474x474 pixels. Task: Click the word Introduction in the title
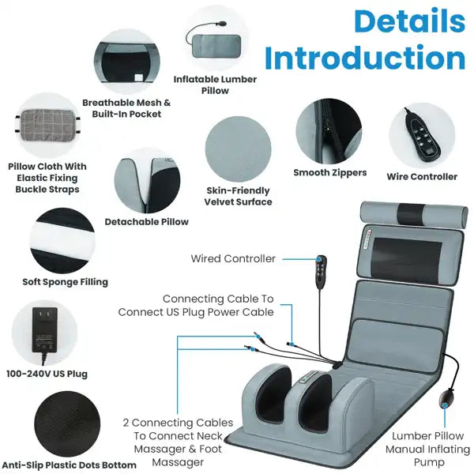tap(364, 59)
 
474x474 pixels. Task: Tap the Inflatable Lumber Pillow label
tap(215, 85)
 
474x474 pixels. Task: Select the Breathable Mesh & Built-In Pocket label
tap(126, 108)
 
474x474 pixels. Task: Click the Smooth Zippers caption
tap(329, 172)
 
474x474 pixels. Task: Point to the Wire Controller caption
tap(421, 177)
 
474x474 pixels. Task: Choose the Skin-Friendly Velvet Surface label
tap(238, 196)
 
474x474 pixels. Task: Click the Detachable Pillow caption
tap(147, 222)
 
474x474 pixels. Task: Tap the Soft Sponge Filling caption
tap(65, 282)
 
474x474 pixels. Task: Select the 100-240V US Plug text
tap(47, 374)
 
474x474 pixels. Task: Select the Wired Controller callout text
tap(233, 258)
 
